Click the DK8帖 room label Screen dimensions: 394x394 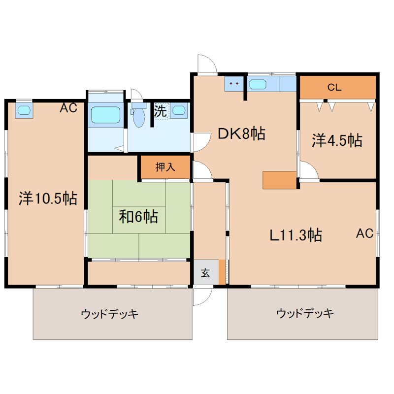coord(241,133)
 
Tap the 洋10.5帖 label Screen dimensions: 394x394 coord(48,198)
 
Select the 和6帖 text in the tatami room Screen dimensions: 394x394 coord(138,216)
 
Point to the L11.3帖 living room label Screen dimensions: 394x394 coord(295,235)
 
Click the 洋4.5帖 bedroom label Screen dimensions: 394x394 coord(337,141)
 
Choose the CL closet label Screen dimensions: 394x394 coord(334,88)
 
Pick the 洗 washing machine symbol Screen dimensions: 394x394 coord(161,111)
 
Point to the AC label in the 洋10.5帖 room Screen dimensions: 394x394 coord(68,108)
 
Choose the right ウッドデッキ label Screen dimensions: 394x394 coord(305,313)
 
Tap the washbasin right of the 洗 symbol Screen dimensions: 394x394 coord(179,110)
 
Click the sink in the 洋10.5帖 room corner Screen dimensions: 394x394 coord(24,110)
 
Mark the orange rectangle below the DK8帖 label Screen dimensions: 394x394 coord(279,180)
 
